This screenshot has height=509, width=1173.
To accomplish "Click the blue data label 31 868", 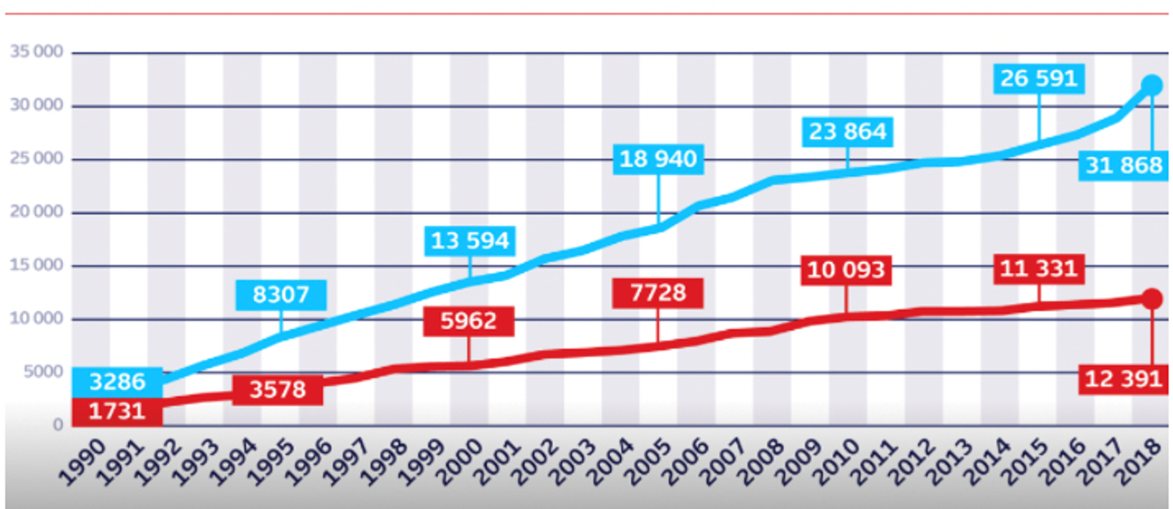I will [x=1124, y=166].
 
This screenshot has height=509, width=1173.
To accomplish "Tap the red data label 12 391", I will [x=1124, y=379].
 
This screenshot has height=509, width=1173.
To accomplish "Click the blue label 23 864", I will [x=847, y=132].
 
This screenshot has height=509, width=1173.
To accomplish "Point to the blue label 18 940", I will [x=658, y=159].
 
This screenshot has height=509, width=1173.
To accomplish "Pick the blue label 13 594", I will [x=469, y=241].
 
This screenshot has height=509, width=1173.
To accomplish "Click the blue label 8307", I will [x=280, y=295].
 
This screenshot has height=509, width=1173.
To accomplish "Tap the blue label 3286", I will [x=117, y=382].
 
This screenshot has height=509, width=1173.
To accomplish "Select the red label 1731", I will [x=117, y=411].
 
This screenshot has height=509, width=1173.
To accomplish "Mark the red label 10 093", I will [x=846, y=270].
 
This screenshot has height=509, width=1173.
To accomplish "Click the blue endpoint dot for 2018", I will [x=1151, y=85].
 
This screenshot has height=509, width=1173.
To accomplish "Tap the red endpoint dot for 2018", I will [x=1151, y=299].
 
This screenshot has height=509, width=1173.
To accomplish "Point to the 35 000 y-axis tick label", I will [x=37, y=52].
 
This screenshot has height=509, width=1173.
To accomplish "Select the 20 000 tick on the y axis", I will [x=37, y=212].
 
